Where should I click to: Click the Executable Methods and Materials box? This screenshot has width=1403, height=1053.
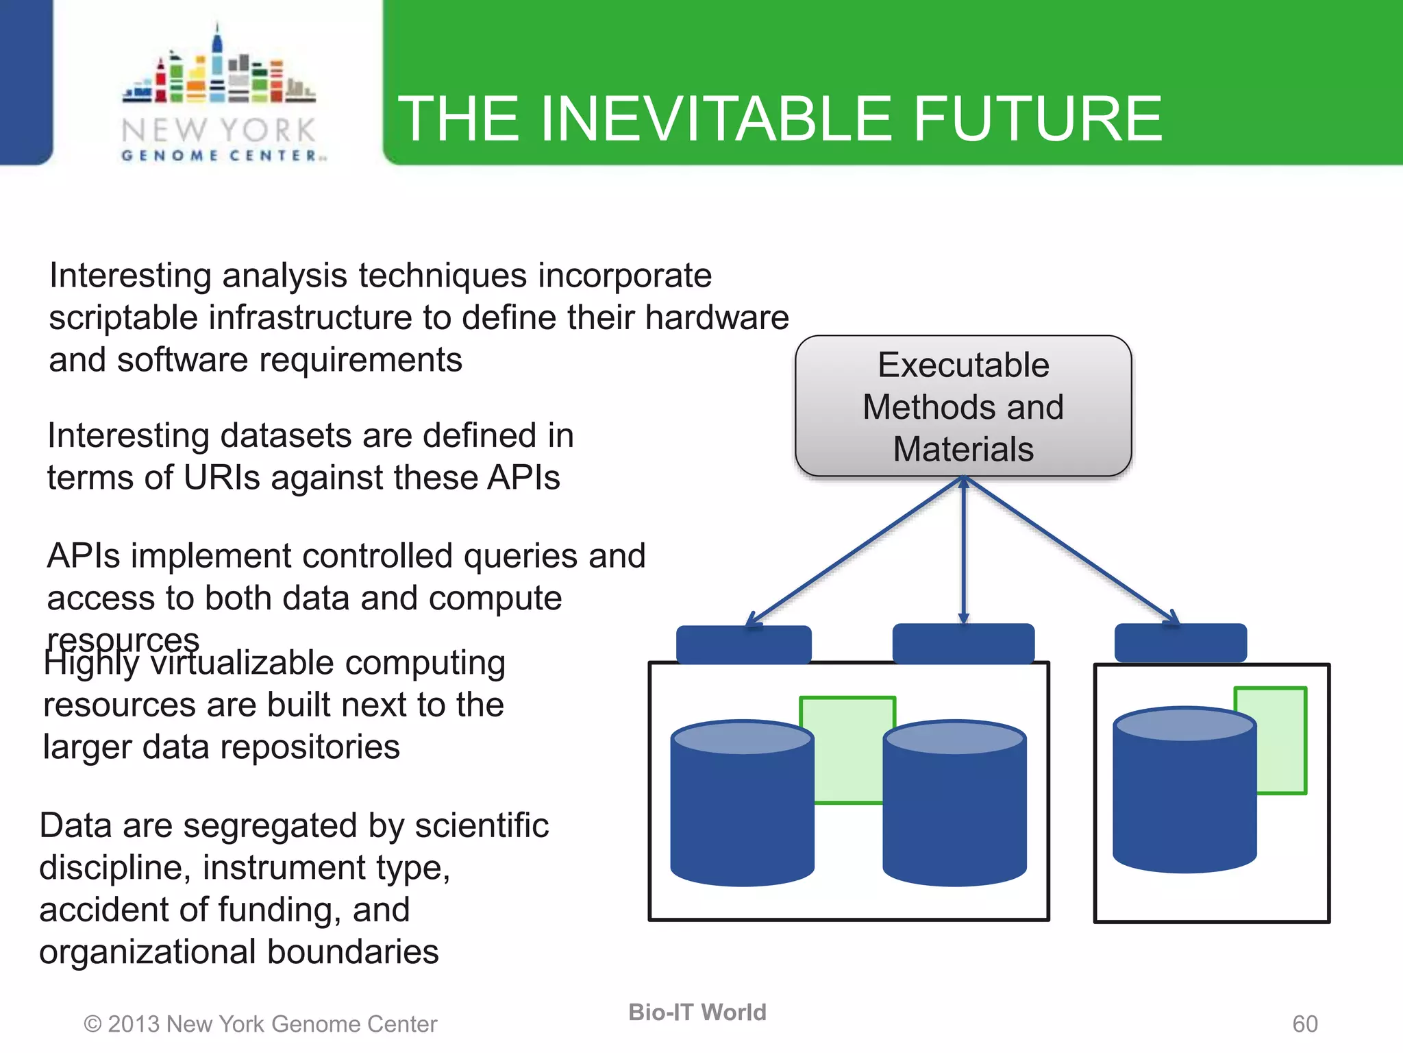tap(963, 406)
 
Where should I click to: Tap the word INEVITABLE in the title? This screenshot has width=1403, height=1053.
tap(717, 119)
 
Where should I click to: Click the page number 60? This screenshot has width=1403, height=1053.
tap(1304, 1024)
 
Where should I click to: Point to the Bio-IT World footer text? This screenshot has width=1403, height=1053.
tap(697, 1012)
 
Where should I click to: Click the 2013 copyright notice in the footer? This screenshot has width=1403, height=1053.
tap(260, 1024)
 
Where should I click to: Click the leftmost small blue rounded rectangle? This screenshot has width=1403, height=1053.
tap(743, 644)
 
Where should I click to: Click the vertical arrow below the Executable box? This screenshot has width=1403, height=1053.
tap(963, 548)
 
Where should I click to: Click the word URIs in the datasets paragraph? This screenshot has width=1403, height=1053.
tap(222, 478)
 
